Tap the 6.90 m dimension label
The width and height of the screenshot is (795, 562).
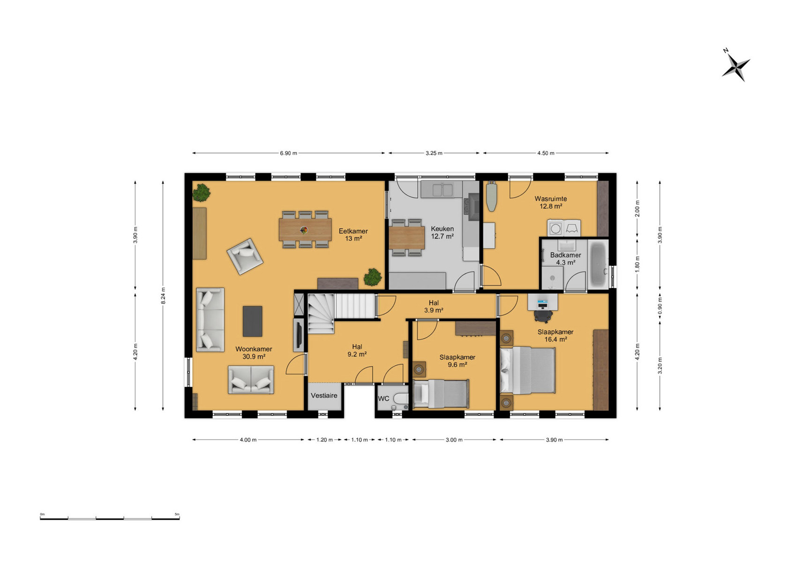(x=288, y=153)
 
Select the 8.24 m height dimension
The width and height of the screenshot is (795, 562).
(x=163, y=296)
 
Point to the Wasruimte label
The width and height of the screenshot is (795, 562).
(x=550, y=199)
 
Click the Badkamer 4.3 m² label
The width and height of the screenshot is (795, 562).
(x=565, y=259)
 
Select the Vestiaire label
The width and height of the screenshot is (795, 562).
(x=324, y=395)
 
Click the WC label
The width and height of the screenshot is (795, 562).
(x=383, y=399)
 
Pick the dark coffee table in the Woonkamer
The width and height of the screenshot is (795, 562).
(x=252, y=321)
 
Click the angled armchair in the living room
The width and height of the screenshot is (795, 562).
(x=245, y=256)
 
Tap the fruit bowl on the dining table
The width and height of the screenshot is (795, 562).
(x=304, y=230)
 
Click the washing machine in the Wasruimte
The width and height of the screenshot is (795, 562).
(x=555, y=229)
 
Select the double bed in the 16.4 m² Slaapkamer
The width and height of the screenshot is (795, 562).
(x=527, y=370)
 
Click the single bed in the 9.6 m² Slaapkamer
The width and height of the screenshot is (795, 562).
(x=441, y=393)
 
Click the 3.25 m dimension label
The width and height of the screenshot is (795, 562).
(x=434, y=153)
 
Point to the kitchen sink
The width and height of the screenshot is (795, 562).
(x=442, y=189)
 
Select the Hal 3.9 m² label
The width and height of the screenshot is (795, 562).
(x=434, y=306)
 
